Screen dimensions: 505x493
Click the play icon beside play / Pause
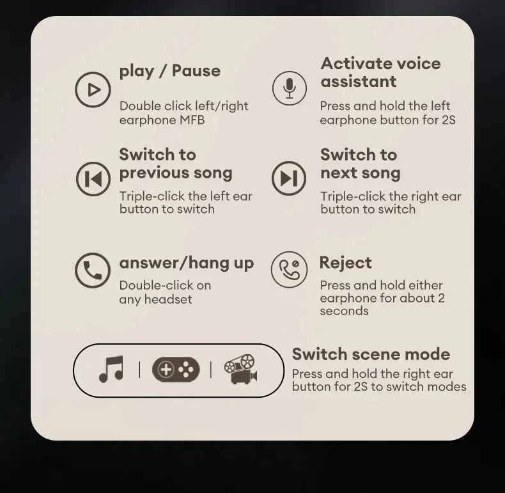coord(93,90)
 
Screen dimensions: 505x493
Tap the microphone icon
coord(290,88)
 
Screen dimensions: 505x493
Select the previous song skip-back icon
coord(93,178)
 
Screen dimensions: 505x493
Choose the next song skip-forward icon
coord(289,178)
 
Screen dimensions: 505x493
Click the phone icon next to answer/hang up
coord(93,270)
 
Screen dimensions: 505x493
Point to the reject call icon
coord(289,269)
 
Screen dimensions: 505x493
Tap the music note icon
coord(111,369)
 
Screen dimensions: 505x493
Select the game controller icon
coord(176,370)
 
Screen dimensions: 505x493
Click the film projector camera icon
coord(241,369)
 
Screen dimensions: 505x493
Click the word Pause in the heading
coord(196,70)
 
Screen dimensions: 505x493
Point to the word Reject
coord(346,263)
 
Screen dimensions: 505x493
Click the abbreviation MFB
coord(192,120)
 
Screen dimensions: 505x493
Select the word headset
coord(168,299)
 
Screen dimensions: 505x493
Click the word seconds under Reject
coord(345,311)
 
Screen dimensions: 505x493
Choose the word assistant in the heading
coord(359,81)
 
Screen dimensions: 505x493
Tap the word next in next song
coord(339,173)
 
